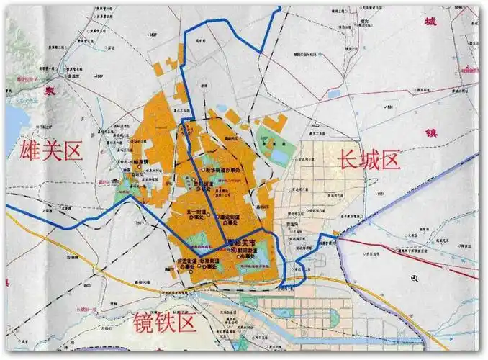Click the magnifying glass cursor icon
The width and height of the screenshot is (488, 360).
415,279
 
